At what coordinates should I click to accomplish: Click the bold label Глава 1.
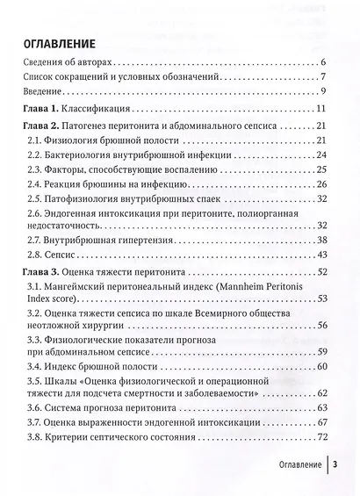(40, 109)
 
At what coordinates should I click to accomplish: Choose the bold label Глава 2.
(40, 126)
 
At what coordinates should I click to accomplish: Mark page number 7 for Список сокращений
(324, 77)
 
